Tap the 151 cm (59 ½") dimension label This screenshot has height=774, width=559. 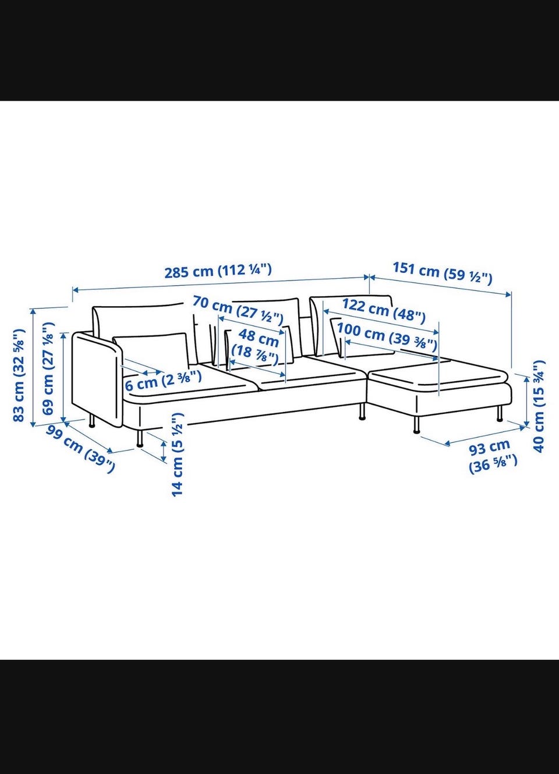(x=442, y=274)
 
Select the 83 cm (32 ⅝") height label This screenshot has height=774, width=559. (x=19, y=375)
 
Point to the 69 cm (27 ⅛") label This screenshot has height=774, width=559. (x=48, y=368)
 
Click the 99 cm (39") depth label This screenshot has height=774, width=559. (x=80, y=449)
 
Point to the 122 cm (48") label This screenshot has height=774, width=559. (x=384, y=310)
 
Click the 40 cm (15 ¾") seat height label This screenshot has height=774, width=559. (x=539, y=406)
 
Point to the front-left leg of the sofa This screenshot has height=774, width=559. (x=139, y=439)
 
